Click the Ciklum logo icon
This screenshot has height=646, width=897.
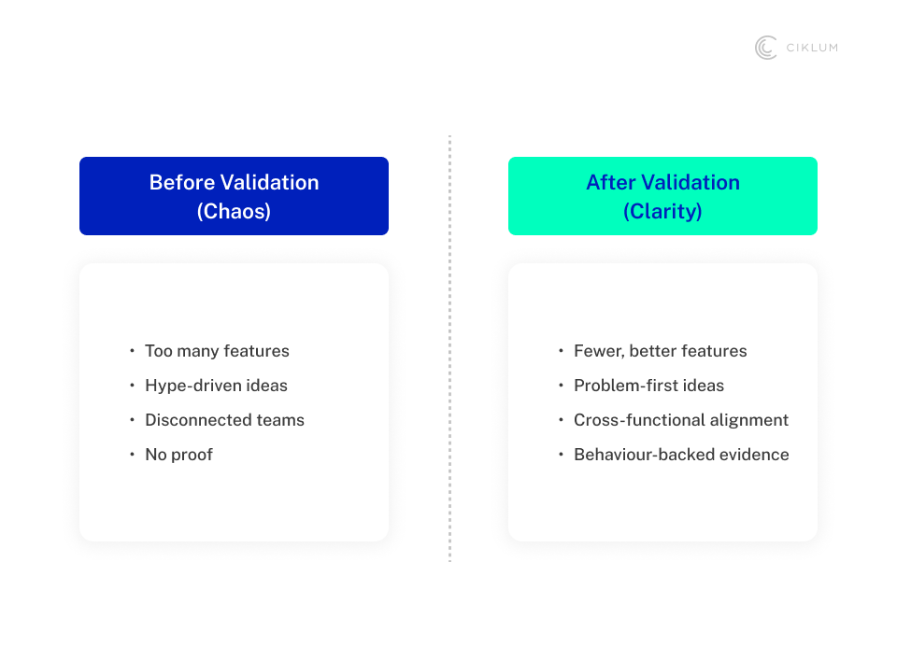click(x=766, y=48)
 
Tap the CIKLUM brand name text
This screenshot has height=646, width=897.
click(x=812, y=48)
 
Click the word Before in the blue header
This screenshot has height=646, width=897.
click(x=182, y=182)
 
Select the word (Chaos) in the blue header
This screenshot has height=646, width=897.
click(x=234, y=211)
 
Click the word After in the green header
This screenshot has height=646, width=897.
click(x=611, y=182)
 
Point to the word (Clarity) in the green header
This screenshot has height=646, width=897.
click(x=662, y=211)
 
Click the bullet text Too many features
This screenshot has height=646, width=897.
click(x=217, y=350)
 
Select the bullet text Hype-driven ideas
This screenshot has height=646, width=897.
click(x=216, y=386)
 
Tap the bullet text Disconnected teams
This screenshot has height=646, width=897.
click(x=225, y=419)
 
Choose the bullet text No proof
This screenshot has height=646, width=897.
click(x=179, y=455)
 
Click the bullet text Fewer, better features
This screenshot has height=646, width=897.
click(x=661, y=350)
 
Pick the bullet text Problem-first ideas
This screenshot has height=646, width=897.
click(x=648, y=386)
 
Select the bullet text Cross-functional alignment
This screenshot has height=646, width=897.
click(x=681, y=419)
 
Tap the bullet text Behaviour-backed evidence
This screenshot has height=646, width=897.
click(x=681, y=455)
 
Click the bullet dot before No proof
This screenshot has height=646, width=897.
click(x=132, y=455)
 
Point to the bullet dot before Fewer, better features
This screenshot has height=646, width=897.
click(x=562, y=350)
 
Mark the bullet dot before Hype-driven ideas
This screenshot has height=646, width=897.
click(x=132, y=386)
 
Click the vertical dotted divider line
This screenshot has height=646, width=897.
click(x=449, y=349)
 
